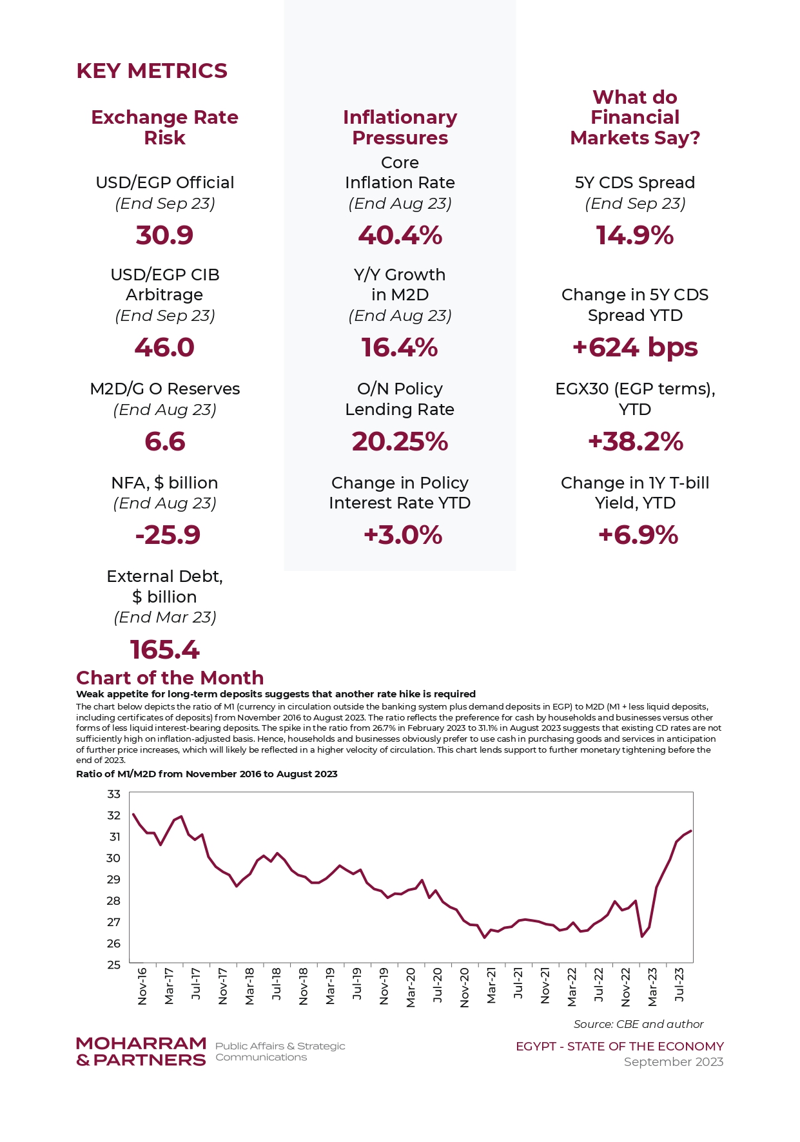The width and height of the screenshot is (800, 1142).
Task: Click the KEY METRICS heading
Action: coord(151,71)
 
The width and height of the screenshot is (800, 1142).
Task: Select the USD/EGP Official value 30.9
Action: coord(164,235)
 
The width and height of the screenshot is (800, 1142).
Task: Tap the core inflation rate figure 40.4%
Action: coord(400,235)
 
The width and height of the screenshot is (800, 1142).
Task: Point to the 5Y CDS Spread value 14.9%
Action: coord(635,235)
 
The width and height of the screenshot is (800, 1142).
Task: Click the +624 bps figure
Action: coord(635,348)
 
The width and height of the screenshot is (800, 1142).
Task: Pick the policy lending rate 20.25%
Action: coord(400,441)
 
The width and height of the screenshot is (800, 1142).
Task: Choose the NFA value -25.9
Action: coord(168,535)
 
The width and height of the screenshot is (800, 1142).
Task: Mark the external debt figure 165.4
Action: coord(165,650)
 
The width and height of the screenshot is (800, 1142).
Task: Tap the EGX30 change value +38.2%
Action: coord(635,441)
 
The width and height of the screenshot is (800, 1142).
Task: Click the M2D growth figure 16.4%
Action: coord(400,348)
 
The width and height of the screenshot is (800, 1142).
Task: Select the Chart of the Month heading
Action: coord(170,678)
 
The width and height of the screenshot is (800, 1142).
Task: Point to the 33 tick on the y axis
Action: coord(114,794)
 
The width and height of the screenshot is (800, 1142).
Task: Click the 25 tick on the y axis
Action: coord(114,965)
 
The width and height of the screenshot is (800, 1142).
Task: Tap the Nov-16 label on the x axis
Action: coord(142,986)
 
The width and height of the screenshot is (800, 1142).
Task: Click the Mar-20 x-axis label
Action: coord(411,987)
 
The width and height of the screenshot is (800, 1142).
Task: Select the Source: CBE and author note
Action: coord(639,1024)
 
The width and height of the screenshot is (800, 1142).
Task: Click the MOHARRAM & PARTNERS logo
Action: coord(141,1052)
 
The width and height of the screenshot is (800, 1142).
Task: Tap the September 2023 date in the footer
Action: coord(674,1062)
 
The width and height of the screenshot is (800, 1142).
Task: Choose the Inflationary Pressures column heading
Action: coord(400,128)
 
